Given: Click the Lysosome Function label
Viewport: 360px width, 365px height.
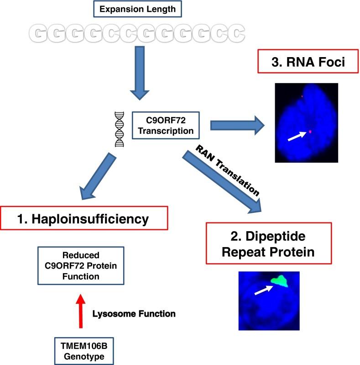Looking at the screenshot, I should [134, 314].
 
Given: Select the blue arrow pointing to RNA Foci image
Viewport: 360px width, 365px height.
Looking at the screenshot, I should [237, 124].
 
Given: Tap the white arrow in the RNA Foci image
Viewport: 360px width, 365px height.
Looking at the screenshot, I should [297, 135].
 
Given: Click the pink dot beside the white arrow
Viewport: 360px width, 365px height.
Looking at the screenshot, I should [310, 131].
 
